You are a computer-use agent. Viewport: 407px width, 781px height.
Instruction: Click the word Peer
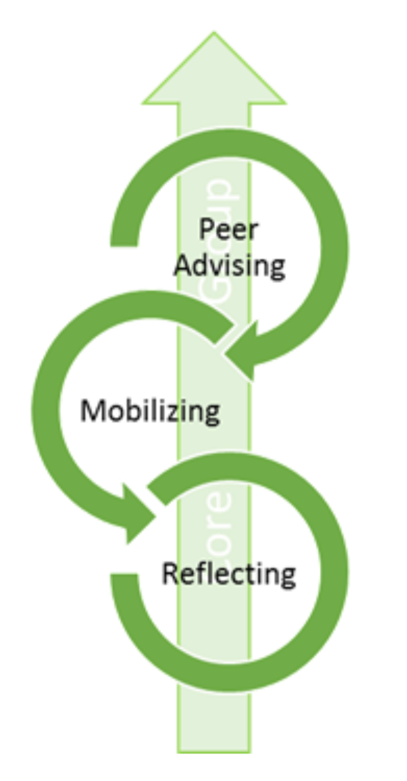click(229, 229)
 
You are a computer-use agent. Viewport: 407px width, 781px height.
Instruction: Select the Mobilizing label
click(150, 412)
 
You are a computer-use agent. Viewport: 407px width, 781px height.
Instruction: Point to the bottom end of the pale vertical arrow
click(213, 744)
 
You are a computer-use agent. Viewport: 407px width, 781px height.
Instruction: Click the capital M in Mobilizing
click(91, 410)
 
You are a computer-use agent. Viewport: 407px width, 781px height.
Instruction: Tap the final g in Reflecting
click(287, 577)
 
